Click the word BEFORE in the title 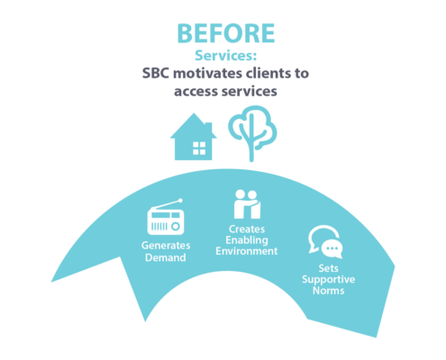point(226,33)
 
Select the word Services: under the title point(226,56)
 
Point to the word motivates point(207,73)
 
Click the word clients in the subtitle point(266,73)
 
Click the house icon point(194,137)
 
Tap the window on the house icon point(199,148)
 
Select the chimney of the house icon point(209,128)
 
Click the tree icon point(251,133)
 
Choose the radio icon point(166,217)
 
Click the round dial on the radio point(176,226)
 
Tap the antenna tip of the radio point(180,200)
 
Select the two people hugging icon point(247,204)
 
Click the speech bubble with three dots point(332,248)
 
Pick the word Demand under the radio point(166,257)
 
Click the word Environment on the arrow point(247,251)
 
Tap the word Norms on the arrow point(329,291)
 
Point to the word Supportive point(329,280)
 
